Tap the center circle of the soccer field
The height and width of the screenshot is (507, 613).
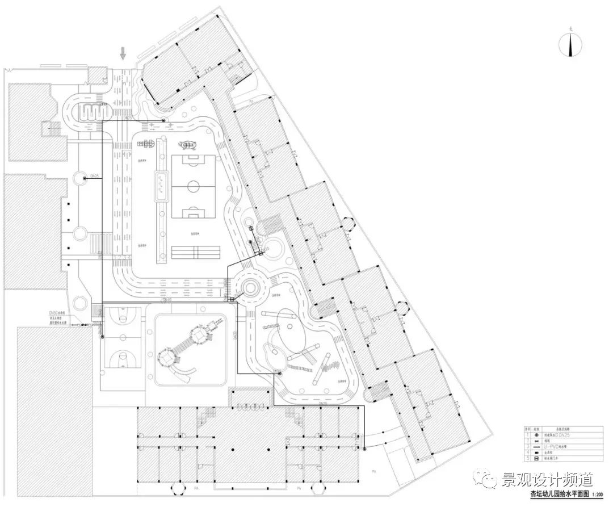(x=194, y=185)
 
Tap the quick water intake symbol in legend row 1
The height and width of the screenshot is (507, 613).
(x=536, y=434)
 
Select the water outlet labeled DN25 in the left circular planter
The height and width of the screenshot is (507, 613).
(x=85, y=178)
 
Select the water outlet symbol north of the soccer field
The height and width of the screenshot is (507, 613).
(x=163, y=120)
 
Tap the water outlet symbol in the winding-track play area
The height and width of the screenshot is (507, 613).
(x=278, y=372)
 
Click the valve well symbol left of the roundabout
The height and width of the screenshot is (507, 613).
(x=232, y=299)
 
